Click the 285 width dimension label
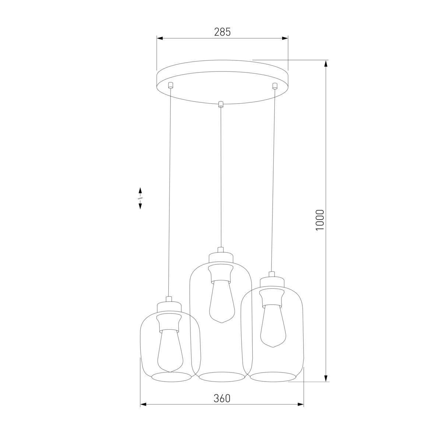tap(222, 32)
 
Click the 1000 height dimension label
tap(320, 220)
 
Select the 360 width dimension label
tap(222, 398)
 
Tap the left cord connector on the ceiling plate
tap(170, 85)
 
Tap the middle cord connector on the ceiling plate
tap(221, 104)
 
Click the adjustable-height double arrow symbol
tap(140, 198)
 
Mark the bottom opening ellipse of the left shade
tap(170, 376)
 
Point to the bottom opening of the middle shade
tap(222, 376)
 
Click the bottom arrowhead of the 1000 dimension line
tap(326, 379)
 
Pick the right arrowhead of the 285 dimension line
tap(285, 38)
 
